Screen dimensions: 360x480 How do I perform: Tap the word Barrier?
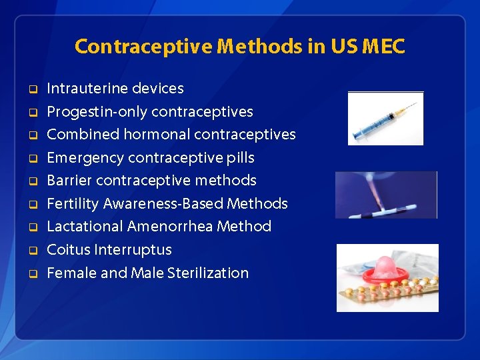click(69, 181)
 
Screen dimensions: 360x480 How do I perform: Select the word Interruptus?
click(133, 250)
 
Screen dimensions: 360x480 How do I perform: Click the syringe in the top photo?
click(385, 121)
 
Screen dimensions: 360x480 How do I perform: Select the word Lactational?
click(85, 227)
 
